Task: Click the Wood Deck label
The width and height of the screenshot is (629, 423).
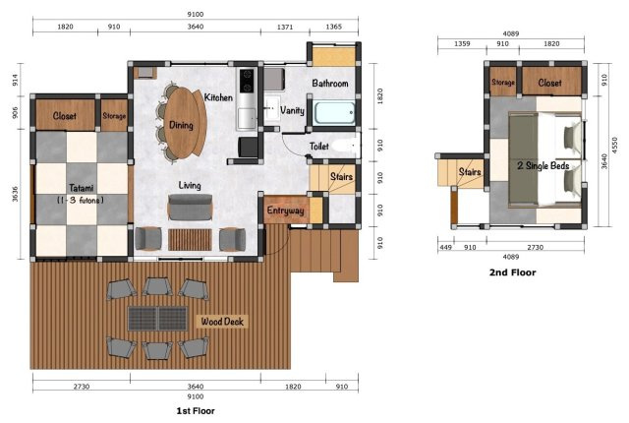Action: click(222, 322)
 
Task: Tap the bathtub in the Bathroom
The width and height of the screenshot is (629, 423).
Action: click(334, 113)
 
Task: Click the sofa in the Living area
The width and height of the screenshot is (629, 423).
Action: click(190, 208)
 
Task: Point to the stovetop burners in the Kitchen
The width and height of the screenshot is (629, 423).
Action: click(247, 81)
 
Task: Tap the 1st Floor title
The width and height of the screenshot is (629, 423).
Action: click(196, 411)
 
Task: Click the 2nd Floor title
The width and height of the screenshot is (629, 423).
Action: click(512, 272)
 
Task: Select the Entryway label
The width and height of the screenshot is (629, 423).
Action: click(285, 211)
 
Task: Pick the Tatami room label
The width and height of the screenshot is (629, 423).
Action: click(81, 188)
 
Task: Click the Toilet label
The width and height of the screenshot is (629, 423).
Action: click(318, 147)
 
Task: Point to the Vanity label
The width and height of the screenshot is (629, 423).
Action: click(292, 110)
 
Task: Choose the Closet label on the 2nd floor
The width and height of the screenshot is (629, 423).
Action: click(549, 83)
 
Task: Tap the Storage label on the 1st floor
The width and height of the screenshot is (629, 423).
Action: click(114, 115)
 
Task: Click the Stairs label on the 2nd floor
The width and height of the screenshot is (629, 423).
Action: click(470, 172)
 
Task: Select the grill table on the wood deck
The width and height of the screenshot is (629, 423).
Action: click(157, 319)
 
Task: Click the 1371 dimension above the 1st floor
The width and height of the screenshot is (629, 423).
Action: click(285, 27)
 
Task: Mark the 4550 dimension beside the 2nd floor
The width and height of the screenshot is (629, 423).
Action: click(614, 146)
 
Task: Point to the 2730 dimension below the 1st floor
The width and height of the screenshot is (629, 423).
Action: click(82, 387)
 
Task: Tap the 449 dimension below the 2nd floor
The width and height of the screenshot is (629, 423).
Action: click(445, 247)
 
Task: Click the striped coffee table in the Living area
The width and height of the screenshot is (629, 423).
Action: click(190, 240)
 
